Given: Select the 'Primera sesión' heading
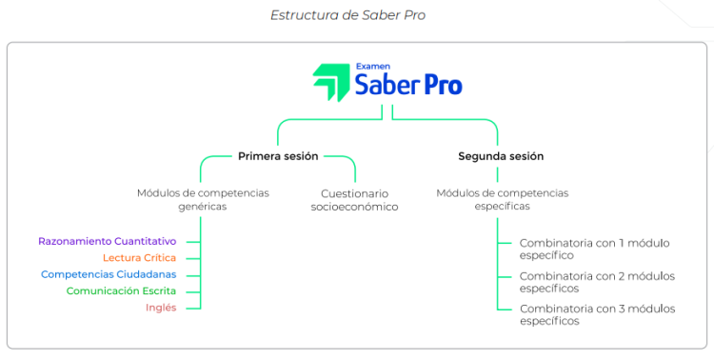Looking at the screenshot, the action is click(x=278, y=156).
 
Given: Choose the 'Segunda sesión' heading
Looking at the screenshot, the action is click(x=501, y=156).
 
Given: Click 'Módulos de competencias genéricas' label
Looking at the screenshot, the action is click(x=203, y=199).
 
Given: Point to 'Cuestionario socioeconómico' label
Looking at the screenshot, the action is click(x=354, y=199).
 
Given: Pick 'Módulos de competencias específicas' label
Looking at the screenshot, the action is click(x=502, y=199).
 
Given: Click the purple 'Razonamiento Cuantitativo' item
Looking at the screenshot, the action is click(x=107, y=241).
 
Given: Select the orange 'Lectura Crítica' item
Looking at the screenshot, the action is click(x=139, y=257).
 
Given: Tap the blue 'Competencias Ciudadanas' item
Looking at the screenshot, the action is click(x=109, y=274).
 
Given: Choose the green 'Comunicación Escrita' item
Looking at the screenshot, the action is click(x=121, y=290).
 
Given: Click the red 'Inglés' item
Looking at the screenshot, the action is click(x=161, y=307).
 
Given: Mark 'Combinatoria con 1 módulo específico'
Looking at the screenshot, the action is click(x=594, y=249).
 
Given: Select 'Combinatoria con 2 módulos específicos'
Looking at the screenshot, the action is click(x=596, y=281).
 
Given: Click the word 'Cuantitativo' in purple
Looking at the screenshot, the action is click(x=142, y=241).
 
